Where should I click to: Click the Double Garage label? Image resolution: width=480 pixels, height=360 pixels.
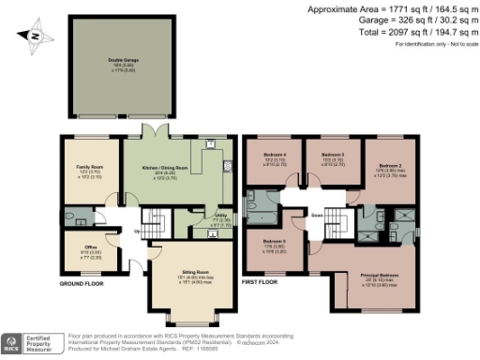coord(115,62)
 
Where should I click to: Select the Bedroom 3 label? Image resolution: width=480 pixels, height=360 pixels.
coord(333,154)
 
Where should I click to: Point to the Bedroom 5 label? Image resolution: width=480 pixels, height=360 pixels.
coord(275,241)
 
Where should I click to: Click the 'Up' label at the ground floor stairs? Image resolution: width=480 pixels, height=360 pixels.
coord(139,231)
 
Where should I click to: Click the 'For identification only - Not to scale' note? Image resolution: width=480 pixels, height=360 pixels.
coord(431,44)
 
